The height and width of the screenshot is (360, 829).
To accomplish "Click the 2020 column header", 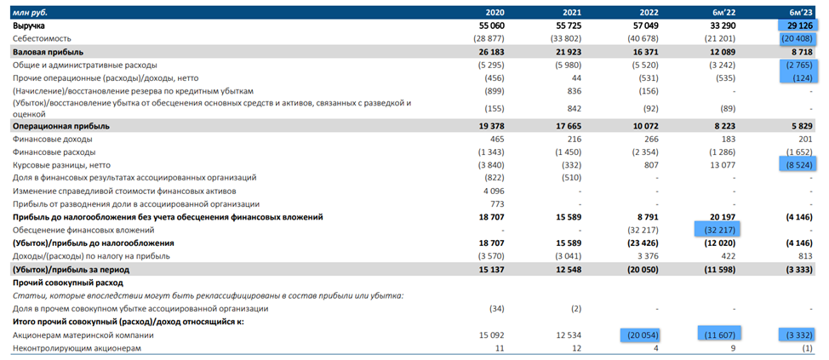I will click(x=495, y=12).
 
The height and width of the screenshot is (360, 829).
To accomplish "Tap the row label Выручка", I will click(x=30, y=26).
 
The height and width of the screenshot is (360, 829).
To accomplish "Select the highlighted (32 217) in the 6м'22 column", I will click(x=717, y=230).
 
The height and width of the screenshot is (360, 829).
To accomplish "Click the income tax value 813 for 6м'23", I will click(x=805, y=255).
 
